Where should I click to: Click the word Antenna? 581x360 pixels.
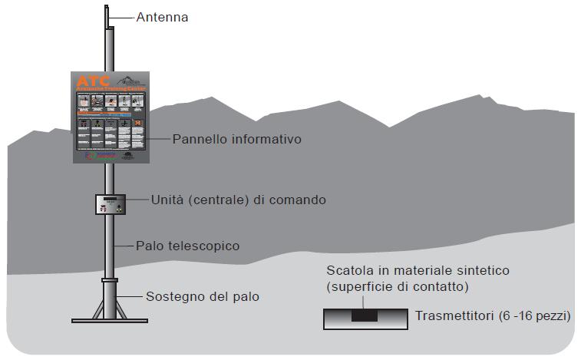coord(162,16)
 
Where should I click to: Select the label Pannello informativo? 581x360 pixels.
coord(237,140)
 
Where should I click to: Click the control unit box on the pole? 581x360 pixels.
coord(111,205)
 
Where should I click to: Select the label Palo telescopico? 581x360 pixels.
coord(188,246)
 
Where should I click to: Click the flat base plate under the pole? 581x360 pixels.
coord(110,320)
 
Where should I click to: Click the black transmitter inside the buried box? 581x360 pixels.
coord(365,316)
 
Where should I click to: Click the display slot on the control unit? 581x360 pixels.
coord(107,200)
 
